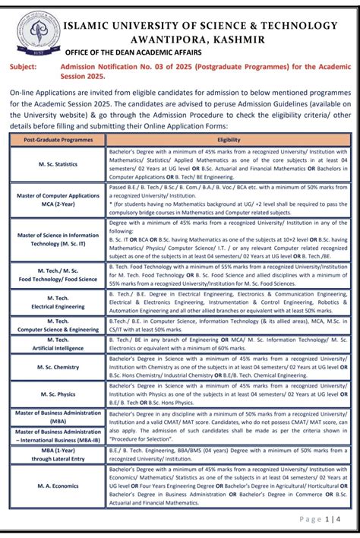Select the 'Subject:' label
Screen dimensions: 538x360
pyautogui.click(x=26, y=67)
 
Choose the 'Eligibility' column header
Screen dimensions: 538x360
pyautogui.click(x=229, y=140)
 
